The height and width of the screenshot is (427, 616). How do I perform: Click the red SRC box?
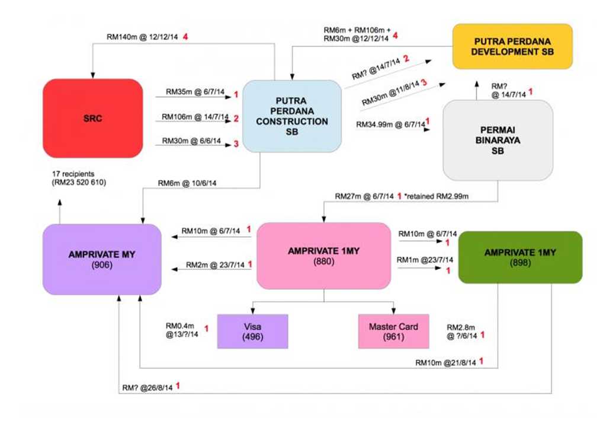click(x=93, y=119)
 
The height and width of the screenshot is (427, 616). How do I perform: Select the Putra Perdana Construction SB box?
click(x=292, y=116)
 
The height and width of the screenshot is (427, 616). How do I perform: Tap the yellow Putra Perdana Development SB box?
click(x=512, y=46)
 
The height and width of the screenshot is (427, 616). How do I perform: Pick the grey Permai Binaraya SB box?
click(x=498, y=141)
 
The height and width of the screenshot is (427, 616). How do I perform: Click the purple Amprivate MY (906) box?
click(x=102, y=260)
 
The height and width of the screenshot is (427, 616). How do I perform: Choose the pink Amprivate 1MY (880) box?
click(x=324, y=256)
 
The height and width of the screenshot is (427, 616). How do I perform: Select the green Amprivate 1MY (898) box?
click(x=520, y=257)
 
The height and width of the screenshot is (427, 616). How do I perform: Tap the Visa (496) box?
click(x=252, y=332)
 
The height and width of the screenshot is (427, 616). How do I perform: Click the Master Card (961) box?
click(x=394, y=332)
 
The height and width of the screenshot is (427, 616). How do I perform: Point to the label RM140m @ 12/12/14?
click(x=142, y=37)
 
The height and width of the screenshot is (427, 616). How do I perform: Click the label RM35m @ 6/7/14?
click(x=195, y=91)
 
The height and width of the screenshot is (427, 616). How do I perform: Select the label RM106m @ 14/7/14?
click(x=195, y=117)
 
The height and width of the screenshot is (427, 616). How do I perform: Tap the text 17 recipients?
click(x=73, y=174)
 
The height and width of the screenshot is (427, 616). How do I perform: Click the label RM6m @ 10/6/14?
click(x=187, y=183)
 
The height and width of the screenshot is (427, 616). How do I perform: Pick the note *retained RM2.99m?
click(x=436, y=196)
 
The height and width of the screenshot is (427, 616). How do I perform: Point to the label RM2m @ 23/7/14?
click(x=215, y=265)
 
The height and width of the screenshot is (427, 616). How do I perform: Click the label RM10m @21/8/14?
click(x=445, y=362)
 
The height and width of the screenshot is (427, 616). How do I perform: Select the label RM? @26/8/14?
click(x=147, y=388)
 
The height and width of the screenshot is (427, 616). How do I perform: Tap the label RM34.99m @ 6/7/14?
click(x=390, y=125)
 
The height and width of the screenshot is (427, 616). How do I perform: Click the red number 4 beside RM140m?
click(x=185, y=37)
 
